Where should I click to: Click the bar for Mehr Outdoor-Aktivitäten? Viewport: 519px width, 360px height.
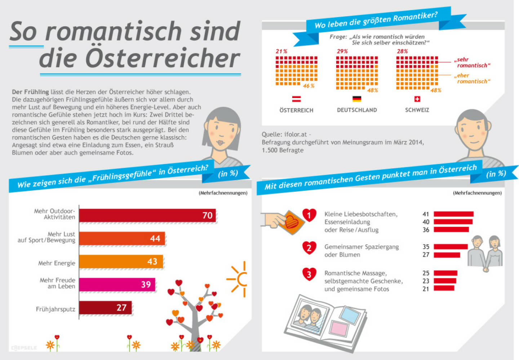147,215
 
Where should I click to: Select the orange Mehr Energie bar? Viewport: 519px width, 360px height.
121,262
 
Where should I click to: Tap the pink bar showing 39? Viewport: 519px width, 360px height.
117,285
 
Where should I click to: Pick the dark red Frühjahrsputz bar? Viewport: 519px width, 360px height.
105,308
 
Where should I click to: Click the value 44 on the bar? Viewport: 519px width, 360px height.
155,239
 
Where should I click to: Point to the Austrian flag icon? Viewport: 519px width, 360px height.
296,99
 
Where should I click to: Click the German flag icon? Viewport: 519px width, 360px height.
357,99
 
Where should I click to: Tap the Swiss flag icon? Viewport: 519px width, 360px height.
417,99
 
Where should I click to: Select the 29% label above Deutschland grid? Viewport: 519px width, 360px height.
342,52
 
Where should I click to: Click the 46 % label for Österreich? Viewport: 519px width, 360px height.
309,86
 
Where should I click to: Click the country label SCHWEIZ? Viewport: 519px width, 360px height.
417,110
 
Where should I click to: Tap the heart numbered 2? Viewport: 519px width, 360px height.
309,248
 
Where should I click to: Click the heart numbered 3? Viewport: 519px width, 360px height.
309,274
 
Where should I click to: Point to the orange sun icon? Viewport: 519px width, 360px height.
239,279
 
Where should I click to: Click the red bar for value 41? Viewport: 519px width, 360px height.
453,214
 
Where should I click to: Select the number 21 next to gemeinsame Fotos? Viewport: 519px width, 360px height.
426,289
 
